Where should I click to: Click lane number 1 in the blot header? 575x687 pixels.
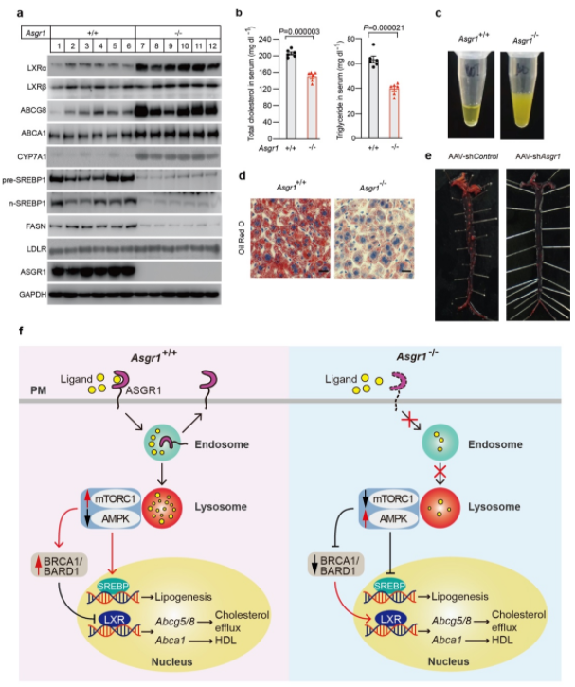tap(58, 45)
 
